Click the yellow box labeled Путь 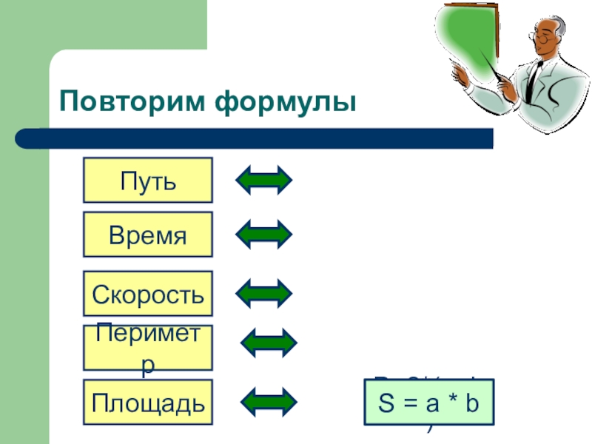(147, 180)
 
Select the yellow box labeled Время (147, 235)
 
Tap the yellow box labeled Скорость (147, 293)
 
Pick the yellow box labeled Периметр (147, 347)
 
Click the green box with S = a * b (430, 402)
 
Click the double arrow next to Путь (264, 180)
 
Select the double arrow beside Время (264, 235)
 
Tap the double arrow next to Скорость (264, 293)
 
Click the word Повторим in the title (132, 101)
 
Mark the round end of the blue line (24, 138)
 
